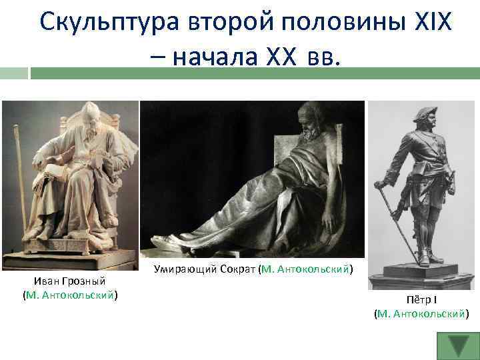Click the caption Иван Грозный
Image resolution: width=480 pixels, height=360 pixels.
click(70, 281)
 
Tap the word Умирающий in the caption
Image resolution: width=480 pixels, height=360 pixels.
click(181, 269)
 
